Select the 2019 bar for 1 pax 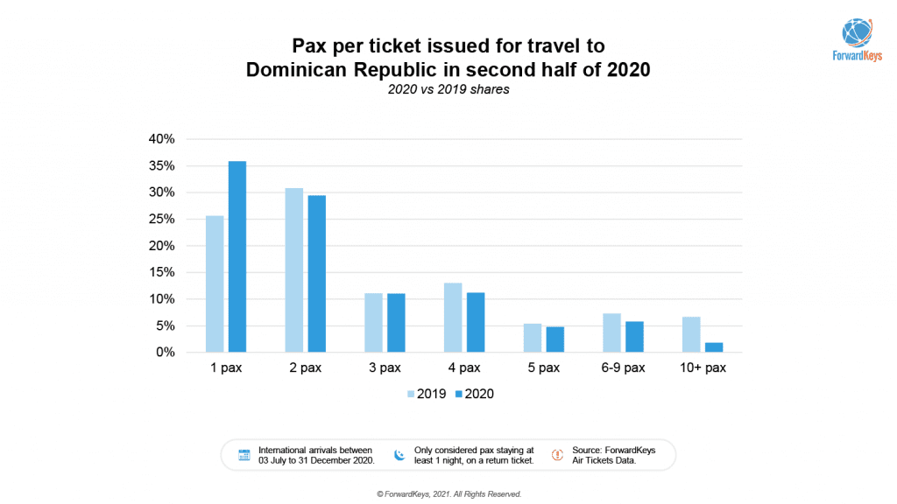[x=215, y=283]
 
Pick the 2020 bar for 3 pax [x=396, y=323]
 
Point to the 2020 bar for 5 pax [x=554, y=339]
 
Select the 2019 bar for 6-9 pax [x=611, y=332]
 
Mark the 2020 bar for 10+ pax [x=714, y=347]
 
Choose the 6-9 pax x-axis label [x=623, y=368]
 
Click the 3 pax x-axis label [x=385, y=368]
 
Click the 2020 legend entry [x=474, y=395]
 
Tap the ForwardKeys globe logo [x=858, y=31]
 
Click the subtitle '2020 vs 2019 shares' [x=448, y=90]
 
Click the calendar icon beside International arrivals [x=244, y=455]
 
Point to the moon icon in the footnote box [x=399, y=455]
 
